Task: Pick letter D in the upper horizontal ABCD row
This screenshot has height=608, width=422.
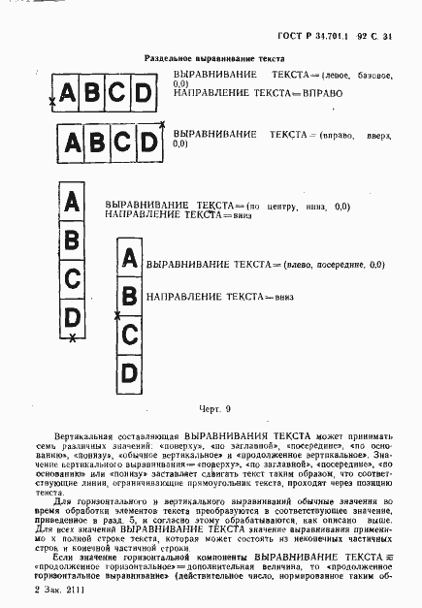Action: (143, 93)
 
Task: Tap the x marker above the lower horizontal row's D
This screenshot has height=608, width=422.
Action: (161, 123)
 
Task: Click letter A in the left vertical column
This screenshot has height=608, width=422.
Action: (71, 204)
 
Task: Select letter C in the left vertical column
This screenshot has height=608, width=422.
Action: (71, 279)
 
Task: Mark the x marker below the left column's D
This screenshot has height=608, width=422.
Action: (72, 336)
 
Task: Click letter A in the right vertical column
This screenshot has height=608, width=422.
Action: (127, 258)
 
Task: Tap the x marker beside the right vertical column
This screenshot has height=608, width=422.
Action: (116, 315)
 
